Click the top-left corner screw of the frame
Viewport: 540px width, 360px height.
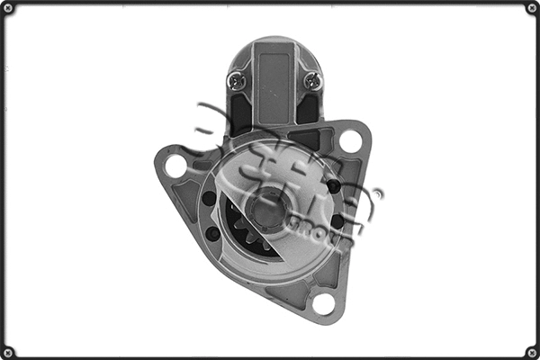pos(8,8)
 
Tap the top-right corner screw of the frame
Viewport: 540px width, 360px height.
pos(531,8)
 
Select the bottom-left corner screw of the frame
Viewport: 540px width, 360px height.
pos(8,351)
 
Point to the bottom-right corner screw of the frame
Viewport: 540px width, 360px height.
pos(531,351)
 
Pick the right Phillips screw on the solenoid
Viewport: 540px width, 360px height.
pos(311,80)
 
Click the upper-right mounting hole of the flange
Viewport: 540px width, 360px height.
pos(350,140)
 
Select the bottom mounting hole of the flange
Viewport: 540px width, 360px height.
pos(323,303)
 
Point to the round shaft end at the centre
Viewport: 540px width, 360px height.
pos(267,211)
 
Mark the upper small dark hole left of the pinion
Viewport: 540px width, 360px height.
pos(210,199)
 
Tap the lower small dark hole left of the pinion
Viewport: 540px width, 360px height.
pos(213,233)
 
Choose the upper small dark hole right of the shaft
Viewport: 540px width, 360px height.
pos(334,186)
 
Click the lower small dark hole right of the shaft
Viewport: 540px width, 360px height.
pos(337,221)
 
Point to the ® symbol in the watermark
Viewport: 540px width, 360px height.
pos(377,193)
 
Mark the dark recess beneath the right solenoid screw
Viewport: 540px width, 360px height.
pos(308,110)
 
